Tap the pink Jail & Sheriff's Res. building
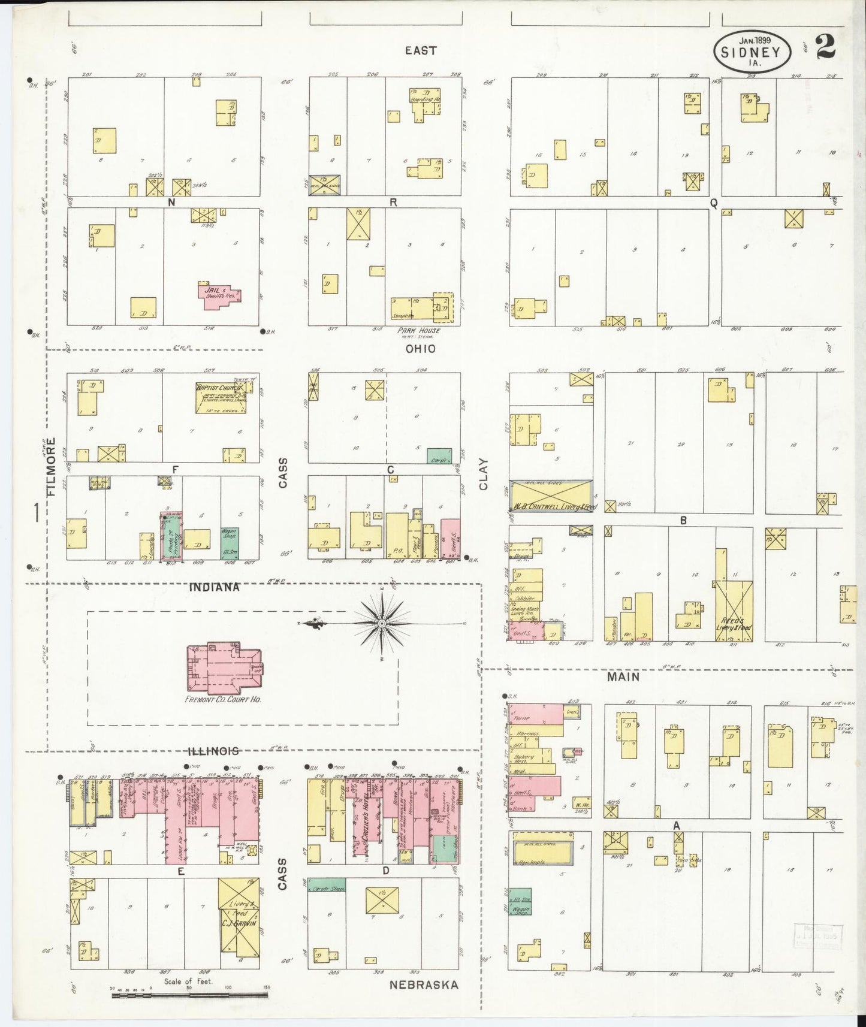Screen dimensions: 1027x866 [x=218, y=295]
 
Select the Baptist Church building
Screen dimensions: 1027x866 [x=221, y=398]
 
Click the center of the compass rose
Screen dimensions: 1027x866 [x=382, y=624]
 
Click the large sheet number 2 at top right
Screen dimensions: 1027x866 [x=825, y=49]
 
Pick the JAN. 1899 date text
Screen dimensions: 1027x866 [x=755, y=40]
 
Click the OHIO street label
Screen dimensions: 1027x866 [x=420, y=349]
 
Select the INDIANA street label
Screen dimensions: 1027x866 [x=215, y=587]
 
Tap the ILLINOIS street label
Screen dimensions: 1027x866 [x=214, y=751]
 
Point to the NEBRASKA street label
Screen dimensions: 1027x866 [x=424, y=984]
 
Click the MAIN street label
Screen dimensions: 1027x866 [x=623, y=676]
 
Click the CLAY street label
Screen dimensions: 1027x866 [x=484, y=475]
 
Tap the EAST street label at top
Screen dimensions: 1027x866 [x=420, y=51]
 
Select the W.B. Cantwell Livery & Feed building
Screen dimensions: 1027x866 [x=551, y=496]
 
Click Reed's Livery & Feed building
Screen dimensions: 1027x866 [x=734, y=611]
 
